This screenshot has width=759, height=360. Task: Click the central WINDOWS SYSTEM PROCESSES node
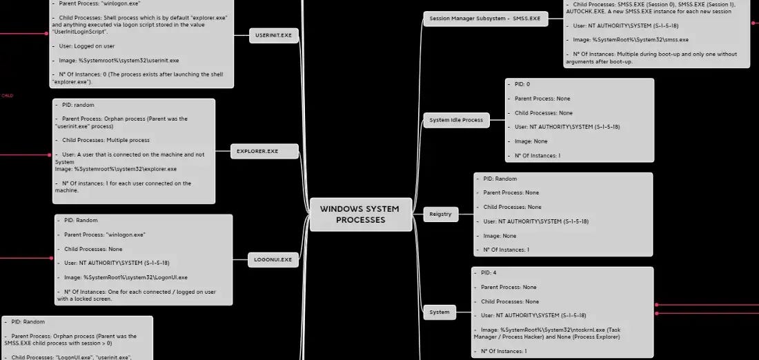(360, 214)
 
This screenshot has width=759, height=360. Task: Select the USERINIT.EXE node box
(273, 35)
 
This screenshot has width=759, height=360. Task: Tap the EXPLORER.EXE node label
(257, 151)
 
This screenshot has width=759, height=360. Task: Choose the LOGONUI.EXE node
(273, 260)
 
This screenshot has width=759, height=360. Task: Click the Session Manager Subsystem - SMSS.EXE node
(485, 19)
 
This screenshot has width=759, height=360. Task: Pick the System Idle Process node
(456, 120)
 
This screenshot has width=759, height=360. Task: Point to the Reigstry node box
(440, 214)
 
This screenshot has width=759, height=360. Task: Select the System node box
(440, 312)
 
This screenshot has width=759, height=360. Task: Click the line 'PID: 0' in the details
(522, 84)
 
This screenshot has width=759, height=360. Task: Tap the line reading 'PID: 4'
(489, 273)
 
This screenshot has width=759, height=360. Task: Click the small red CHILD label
(8, 96)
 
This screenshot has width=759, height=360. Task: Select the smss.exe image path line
(631, 40)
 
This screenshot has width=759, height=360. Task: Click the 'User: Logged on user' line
(86, 46)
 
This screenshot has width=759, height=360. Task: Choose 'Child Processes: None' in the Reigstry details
(512, 207)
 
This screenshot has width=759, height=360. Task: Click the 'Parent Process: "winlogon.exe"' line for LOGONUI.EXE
(104, 234)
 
